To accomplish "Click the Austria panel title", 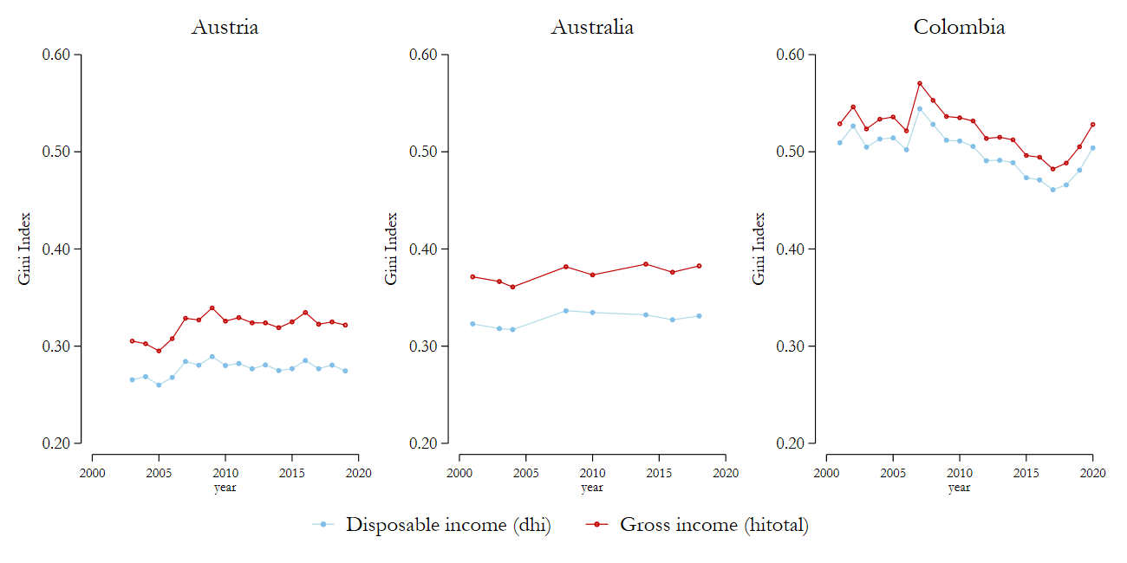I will click(225, 27).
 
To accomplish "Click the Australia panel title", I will click(592, 27).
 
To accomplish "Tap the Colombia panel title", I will click(959, 27).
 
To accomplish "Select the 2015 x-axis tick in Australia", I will click(659, 473).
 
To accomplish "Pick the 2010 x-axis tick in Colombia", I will click(959, 473).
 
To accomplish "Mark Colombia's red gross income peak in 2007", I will click(920, 83).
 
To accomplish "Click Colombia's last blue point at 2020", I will click(1092, 147).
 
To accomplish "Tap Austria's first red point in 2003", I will click(133, 341).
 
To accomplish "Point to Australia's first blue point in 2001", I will click(472, 324).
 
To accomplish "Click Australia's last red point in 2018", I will click(699, 266).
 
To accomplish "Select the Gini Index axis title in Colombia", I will click(759, 249).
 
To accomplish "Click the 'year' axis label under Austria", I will click(225, 488).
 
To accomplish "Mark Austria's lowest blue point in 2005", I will click(159, 385).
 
